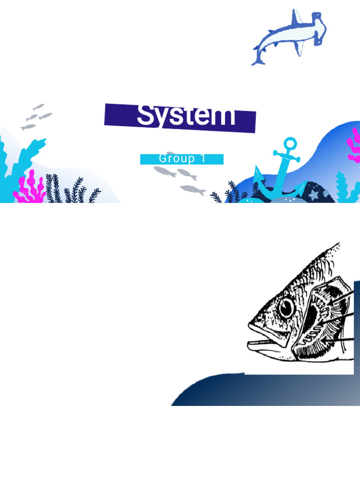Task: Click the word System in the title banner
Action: point(186,115)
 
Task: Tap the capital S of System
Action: point(145,115)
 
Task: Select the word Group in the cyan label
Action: point(177,158)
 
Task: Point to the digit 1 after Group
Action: point(202,158)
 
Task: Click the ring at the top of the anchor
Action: point(291,142)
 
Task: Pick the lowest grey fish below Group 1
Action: point(193,189)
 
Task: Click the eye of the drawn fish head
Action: point(285,308)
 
